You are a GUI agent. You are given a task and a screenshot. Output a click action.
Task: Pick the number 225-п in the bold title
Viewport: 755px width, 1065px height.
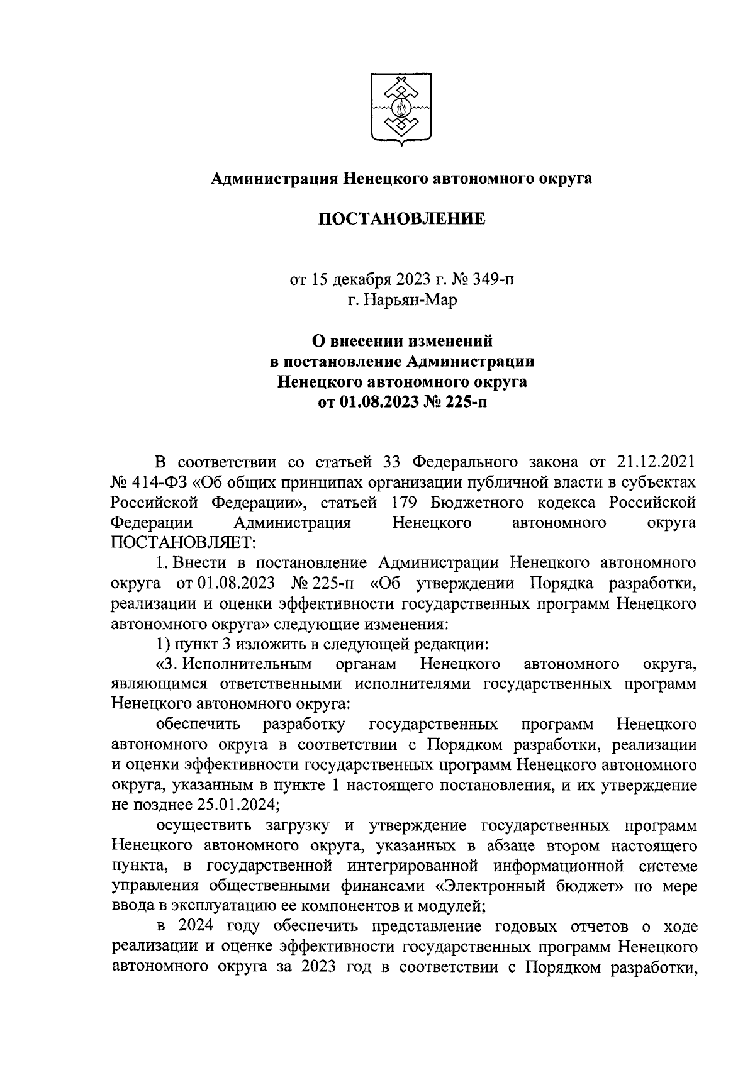coord(465,402)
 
